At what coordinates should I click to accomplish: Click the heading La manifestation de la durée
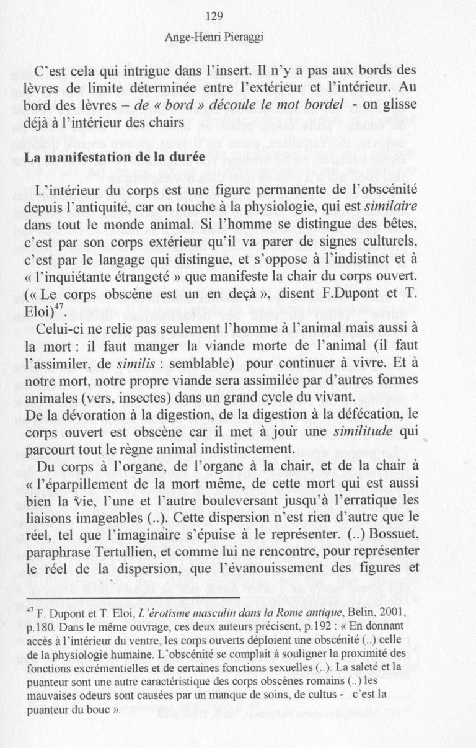click(x=114, y=158)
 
